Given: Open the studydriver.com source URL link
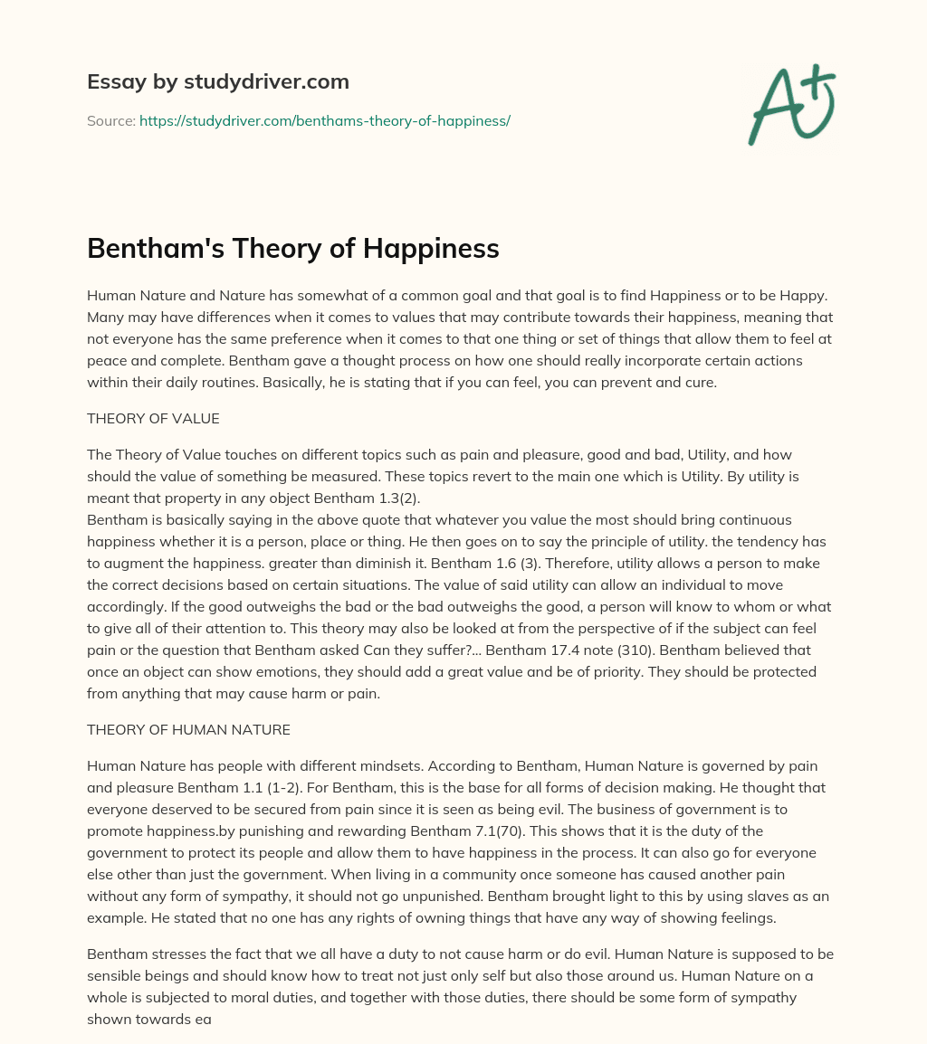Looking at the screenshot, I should tap(325, 120).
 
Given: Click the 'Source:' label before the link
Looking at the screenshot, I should tap(111, 120).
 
